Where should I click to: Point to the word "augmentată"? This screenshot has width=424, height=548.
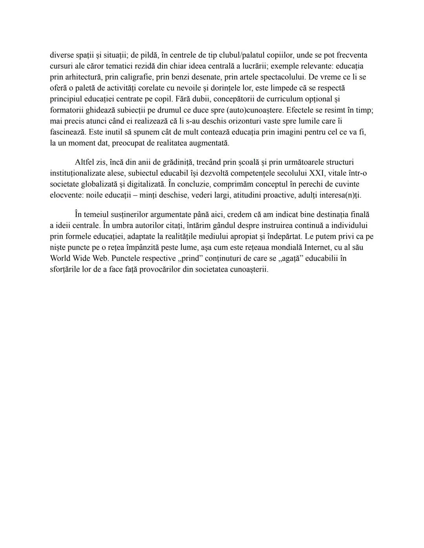[x=209, y=143]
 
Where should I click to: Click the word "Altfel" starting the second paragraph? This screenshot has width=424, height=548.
[x=85, y=162]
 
